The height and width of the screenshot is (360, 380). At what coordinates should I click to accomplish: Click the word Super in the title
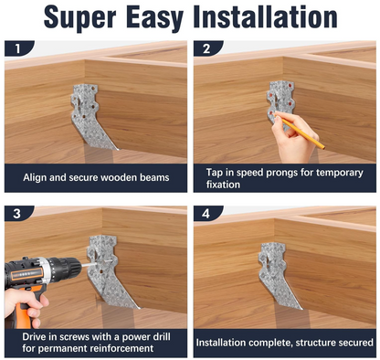(x=80, y=17)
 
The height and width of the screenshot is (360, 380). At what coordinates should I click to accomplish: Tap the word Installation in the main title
(x=265, y=16)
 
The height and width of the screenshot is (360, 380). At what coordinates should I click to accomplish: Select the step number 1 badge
(x=18, y=48)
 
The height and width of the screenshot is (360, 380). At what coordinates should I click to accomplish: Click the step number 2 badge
(x=206, y=48)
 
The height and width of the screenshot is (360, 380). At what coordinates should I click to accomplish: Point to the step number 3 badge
(x=17, y=214)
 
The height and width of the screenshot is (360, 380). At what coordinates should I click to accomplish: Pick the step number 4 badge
(x=206, y=214)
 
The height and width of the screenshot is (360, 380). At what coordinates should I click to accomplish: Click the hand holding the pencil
(x=292, y=139)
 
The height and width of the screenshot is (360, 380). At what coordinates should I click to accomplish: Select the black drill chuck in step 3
(x=66, y=268)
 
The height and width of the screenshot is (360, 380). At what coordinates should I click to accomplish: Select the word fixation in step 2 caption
(x=223, y=185)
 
